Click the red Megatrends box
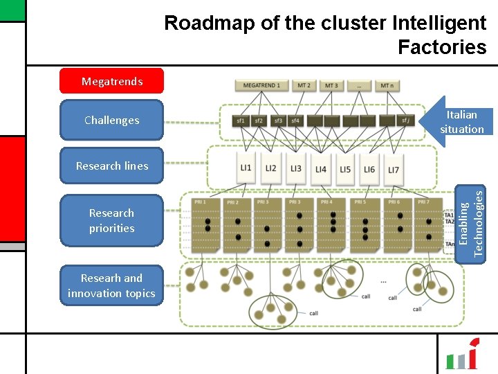click(111, 81)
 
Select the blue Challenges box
click(111, 120)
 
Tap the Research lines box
click(111, 166)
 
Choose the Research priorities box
click(111, 220)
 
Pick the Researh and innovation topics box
click(111, 285)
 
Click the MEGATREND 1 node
click(261, 86)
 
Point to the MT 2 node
click(304, 86)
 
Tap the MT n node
click(387, 86)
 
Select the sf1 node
click(241, 121)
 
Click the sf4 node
click(295, 121)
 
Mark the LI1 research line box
click(246, 168)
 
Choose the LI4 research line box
click(321, 169)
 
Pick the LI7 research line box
click(394, 170)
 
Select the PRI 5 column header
click(360, 202)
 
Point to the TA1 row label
click(450, 215)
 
